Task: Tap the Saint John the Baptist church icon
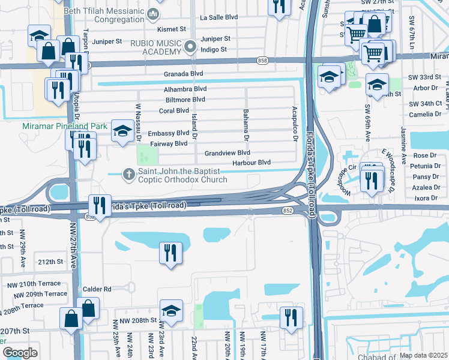[x=128, y=175]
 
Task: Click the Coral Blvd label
[x=173, y=111]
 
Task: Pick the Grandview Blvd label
[x=227, y=153]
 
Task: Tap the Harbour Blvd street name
[x=252, y=163]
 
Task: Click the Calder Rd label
[x=99, y=289]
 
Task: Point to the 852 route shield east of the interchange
[x=288, y=210]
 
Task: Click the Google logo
[x=20, y=353]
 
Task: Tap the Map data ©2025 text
[x=423, y=356]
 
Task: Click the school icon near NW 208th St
[x=171, y=311]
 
